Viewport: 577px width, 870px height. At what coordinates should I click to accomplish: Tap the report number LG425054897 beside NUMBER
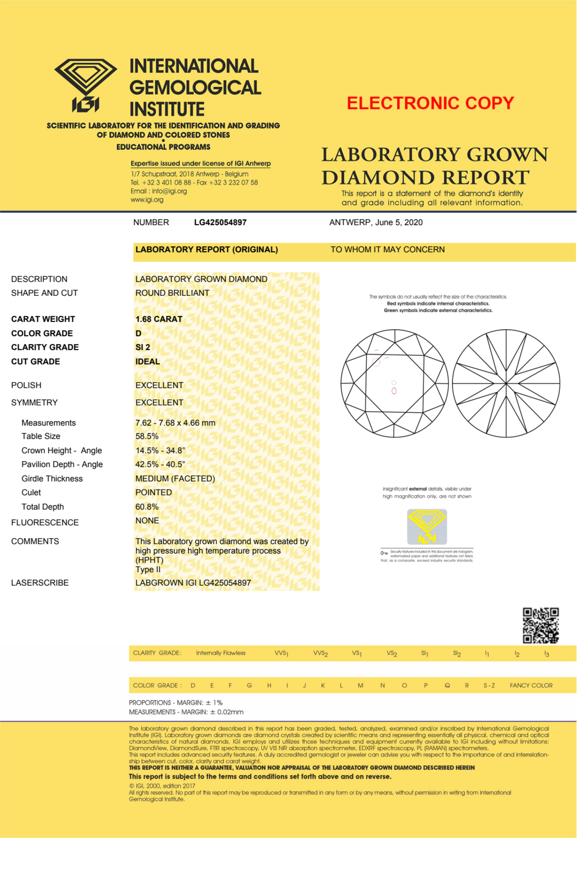pos(220,222)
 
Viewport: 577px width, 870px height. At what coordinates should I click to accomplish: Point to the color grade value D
pos(138,333)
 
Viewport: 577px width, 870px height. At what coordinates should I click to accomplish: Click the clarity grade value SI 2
pos(142,347)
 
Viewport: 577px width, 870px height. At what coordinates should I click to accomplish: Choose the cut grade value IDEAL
pos(148,361)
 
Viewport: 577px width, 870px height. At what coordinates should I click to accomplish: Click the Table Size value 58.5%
pos(147,436)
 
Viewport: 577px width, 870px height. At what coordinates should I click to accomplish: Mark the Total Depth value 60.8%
pos(147,507)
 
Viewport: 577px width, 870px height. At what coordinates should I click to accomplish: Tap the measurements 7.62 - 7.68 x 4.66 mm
pos(175,423)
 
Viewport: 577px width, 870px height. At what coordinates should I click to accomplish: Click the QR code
pos(541,625)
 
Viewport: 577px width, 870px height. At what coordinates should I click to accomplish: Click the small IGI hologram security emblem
pos(427,526)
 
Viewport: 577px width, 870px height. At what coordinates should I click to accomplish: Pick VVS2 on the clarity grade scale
pos(320,653)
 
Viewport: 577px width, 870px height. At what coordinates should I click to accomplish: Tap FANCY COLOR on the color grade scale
pos(531,685)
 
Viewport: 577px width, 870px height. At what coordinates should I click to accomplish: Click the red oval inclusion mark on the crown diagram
pos(394,391)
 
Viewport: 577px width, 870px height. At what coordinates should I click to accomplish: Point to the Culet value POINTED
pos(153,492)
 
